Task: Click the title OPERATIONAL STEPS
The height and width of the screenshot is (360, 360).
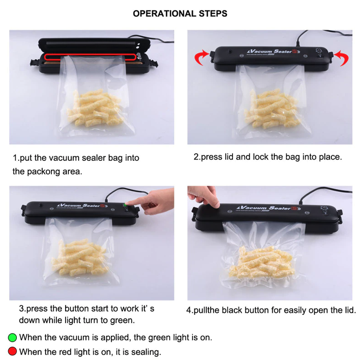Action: coord(180,14)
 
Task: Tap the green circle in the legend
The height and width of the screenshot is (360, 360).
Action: coord(13,338)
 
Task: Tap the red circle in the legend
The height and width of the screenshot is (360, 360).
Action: coord(13,352)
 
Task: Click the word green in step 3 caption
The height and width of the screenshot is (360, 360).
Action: coord(122,320)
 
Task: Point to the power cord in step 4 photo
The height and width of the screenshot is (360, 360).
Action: coord(319,194)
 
